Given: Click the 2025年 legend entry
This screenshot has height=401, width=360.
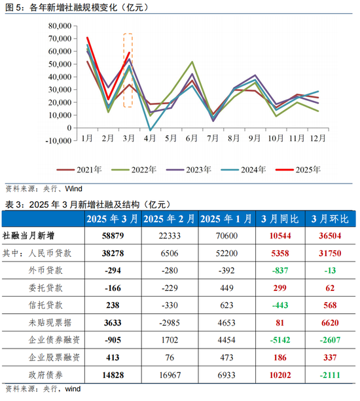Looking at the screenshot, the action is pyautogui.click(x=298, y=170).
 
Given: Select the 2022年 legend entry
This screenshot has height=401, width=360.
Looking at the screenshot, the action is pyautogui.click(x=134, y=170).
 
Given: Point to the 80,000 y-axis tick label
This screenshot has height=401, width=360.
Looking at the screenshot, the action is pyautogui.click(x=60, y=26).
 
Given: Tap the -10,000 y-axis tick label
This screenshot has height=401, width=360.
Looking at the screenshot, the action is pyautogui.click(x=58, y=141).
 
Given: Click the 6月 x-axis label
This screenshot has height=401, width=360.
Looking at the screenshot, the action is pyautogui.click(x=192, y=138).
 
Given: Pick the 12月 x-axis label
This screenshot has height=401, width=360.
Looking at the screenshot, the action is pyautogui.click(x=318, y=138).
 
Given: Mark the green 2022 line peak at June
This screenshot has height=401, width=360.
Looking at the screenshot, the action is pyautogui.click(x=192, y=62).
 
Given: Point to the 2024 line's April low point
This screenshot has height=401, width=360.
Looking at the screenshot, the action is pyautogui.click(x=151, y=130).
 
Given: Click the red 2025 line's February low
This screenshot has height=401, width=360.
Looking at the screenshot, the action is pyautogui.click(x=108, y=99).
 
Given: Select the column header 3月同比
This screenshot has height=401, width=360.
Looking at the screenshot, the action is pyautogui.click(x=280, y=219).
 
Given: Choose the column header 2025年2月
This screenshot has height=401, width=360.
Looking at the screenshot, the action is pyautogui.click(x=169, y=219).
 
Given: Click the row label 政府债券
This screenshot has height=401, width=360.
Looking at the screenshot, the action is pyautogui.click(x=45, y=375).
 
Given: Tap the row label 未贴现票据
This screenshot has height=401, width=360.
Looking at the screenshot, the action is pyautogui.click(x=50, y=322).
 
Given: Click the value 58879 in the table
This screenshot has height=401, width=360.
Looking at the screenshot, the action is pyautogui.click(x=113, y=235).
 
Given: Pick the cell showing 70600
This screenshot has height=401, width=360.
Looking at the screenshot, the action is pyautogui.click(x=226, y=235).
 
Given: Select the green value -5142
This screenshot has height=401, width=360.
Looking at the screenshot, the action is pyautogui.click(x=280, y=340).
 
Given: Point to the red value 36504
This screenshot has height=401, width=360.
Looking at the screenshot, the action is pyautogui.click(x=330, y=235).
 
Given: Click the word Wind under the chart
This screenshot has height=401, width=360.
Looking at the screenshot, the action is pyautogui.click(x=73, y=189).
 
